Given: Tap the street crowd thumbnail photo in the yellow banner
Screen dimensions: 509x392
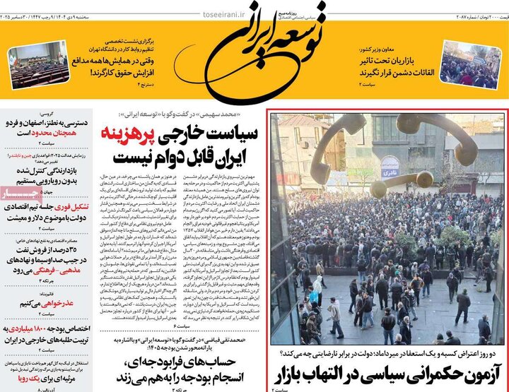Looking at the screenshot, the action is (469, 64).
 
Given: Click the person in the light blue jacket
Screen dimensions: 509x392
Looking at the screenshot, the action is (312, 292).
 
